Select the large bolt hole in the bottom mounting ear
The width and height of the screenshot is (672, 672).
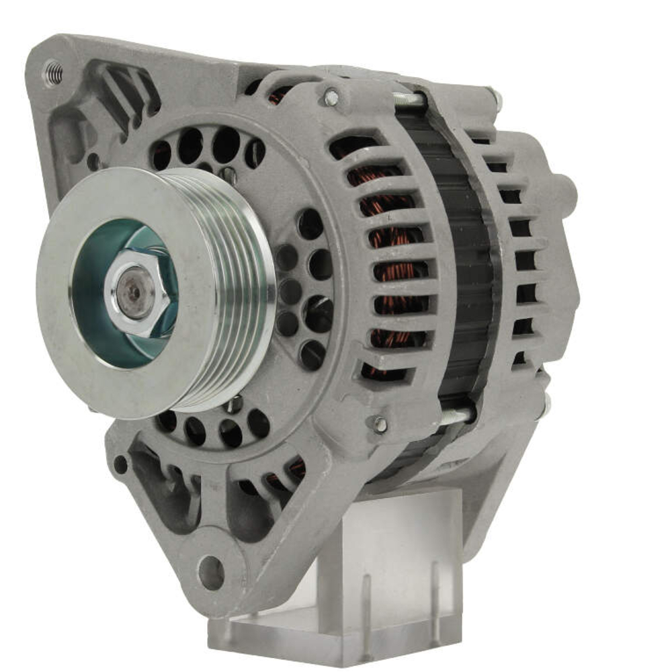pyautogui.click(x=211, y=572)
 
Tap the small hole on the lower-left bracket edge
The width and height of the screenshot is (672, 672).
pyautogui.click(x=120, y=464)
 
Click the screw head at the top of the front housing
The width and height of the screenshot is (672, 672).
pyautogui.click(x=331, y=97)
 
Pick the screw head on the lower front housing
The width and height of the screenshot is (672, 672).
pyautogui.click(x=380, y=424)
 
